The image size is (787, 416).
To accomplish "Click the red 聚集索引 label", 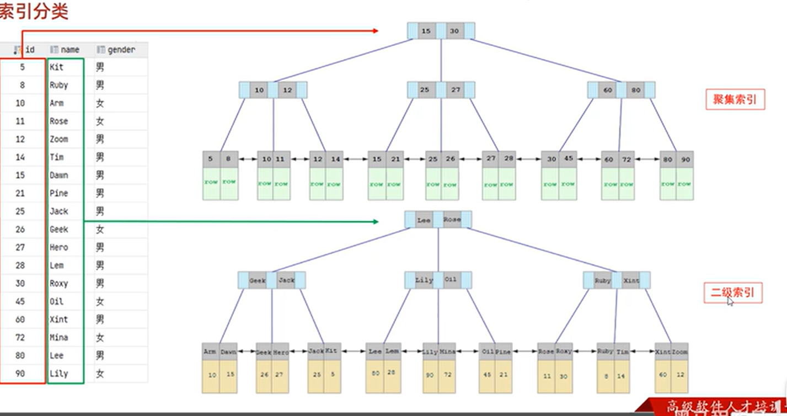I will (735, 99).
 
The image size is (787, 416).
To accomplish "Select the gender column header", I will (121, 50).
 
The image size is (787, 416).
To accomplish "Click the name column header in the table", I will (70, 50).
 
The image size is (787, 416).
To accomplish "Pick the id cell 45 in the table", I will (20, 302).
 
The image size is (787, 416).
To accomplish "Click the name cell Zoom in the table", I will (58, 139).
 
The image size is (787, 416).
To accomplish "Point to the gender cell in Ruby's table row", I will (100, 86).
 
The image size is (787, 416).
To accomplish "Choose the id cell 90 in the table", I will (20, 374).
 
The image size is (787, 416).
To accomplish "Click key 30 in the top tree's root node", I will (454, 31).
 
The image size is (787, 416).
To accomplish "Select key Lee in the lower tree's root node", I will (424, 220).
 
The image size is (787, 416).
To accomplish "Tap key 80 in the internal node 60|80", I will (635, 90).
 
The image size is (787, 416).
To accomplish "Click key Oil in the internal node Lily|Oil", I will (451, 280).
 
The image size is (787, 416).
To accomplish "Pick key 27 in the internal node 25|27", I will (456, 90).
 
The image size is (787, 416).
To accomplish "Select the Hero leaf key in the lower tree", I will (280, 351).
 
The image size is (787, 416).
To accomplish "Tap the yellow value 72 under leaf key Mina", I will (448, 375).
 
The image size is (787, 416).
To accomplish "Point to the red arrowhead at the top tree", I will (375, 31).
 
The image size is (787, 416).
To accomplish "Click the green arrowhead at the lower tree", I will (375, 222).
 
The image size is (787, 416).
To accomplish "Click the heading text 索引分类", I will (33, 12).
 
